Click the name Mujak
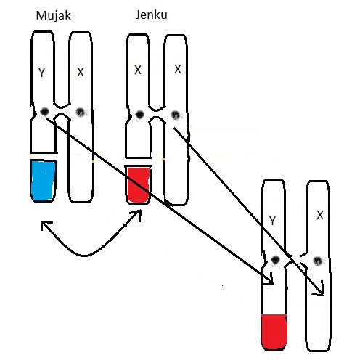point(53,16)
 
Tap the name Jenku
point(151,15)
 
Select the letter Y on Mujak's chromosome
point(42,73)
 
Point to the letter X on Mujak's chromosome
point(81,72)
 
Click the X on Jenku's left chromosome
point(138,70)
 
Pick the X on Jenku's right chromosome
point(178,69)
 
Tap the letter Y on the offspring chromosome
point(272,221)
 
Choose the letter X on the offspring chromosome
point(320,215)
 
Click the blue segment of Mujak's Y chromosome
point(43,181)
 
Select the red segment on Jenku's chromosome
point(138,185)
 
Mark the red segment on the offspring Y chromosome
point(274,332)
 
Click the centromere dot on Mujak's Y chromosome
point(44,112)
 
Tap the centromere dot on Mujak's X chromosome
point(81,113)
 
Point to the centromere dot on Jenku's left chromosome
point(139,114)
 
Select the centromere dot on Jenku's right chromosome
point(176,115)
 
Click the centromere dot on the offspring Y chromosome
point(275,260)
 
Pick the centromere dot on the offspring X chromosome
point(318,261)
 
